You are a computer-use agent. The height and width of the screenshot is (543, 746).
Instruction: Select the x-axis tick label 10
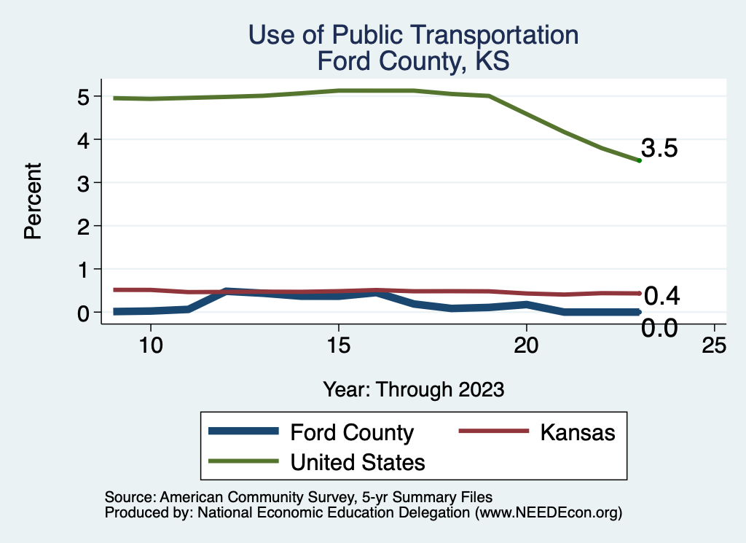150,346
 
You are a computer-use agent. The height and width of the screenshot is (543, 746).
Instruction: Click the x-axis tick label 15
338,346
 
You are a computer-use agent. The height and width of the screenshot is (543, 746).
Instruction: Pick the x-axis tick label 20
526,346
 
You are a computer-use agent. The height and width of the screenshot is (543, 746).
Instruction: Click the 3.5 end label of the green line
660,149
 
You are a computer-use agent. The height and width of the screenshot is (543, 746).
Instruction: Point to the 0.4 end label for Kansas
661,296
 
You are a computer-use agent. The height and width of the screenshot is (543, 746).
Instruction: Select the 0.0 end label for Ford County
660,328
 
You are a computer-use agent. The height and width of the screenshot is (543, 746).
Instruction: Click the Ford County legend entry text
352,432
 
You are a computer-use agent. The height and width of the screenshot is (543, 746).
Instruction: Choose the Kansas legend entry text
578,432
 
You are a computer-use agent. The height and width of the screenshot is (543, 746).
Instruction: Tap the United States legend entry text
358,461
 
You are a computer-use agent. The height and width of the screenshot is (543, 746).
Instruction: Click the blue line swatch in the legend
244,431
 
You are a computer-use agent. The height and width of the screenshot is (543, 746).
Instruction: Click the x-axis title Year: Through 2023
414,389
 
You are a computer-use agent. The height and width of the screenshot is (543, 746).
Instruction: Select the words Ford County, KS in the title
413,61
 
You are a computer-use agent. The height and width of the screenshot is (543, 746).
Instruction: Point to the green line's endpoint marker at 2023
639,160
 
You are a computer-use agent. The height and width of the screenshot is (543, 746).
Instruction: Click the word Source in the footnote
127,497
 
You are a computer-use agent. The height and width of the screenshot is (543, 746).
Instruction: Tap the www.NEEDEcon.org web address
548,512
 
